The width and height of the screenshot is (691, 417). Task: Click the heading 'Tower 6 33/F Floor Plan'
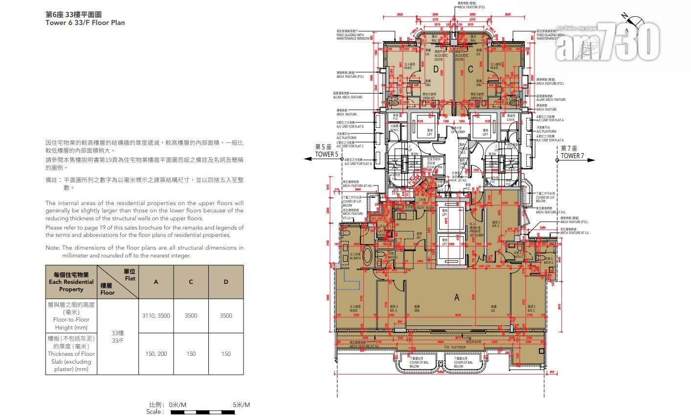click(85, 23)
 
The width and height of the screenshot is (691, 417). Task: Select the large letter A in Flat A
click(457, 297)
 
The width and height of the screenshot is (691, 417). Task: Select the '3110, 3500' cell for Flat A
click(156, 316)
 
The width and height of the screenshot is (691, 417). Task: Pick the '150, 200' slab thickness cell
click(156, 353)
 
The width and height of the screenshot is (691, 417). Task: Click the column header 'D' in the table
click(225, 281)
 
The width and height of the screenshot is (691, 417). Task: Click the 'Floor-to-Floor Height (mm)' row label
click(71, 316)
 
